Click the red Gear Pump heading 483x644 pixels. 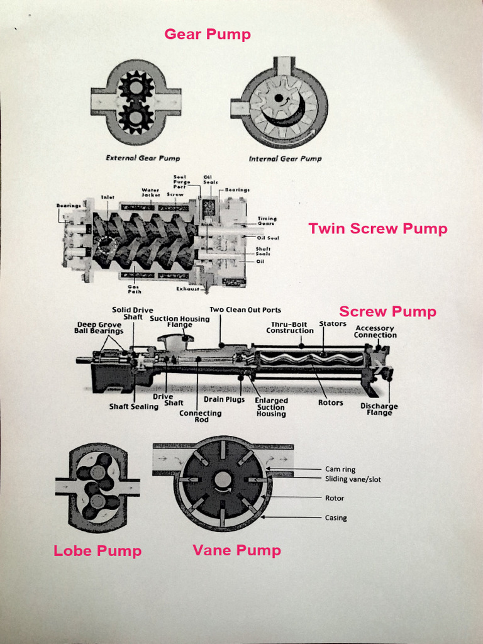(x=208, y=34)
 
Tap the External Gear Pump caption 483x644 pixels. (x=142, y=158)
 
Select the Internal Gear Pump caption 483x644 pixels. (x=285, y=158)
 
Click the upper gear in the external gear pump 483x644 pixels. (x=136, y=86)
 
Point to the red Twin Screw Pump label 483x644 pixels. (x=377, y=229)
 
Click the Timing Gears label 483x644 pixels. (x=267, y=221)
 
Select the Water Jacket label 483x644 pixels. (x=150, y=192)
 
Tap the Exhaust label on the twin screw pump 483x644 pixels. (x=187, y=289)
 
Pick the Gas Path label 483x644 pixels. (x=134, y=289)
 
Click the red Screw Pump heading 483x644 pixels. (x=387, y=311)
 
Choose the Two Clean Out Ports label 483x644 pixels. (x=245, y=309)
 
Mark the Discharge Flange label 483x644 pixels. (x=379, y=409)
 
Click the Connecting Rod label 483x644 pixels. (x=200, y=416)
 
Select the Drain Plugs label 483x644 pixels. (x=224, y=399)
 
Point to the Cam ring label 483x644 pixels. (x=340, y=469)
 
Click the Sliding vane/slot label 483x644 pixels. (x=353, y=479)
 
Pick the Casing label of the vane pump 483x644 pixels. (x=336, y=518)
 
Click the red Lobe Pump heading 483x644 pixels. (x=97, y=551)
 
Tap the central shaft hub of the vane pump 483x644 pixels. (x=223, y=480)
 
